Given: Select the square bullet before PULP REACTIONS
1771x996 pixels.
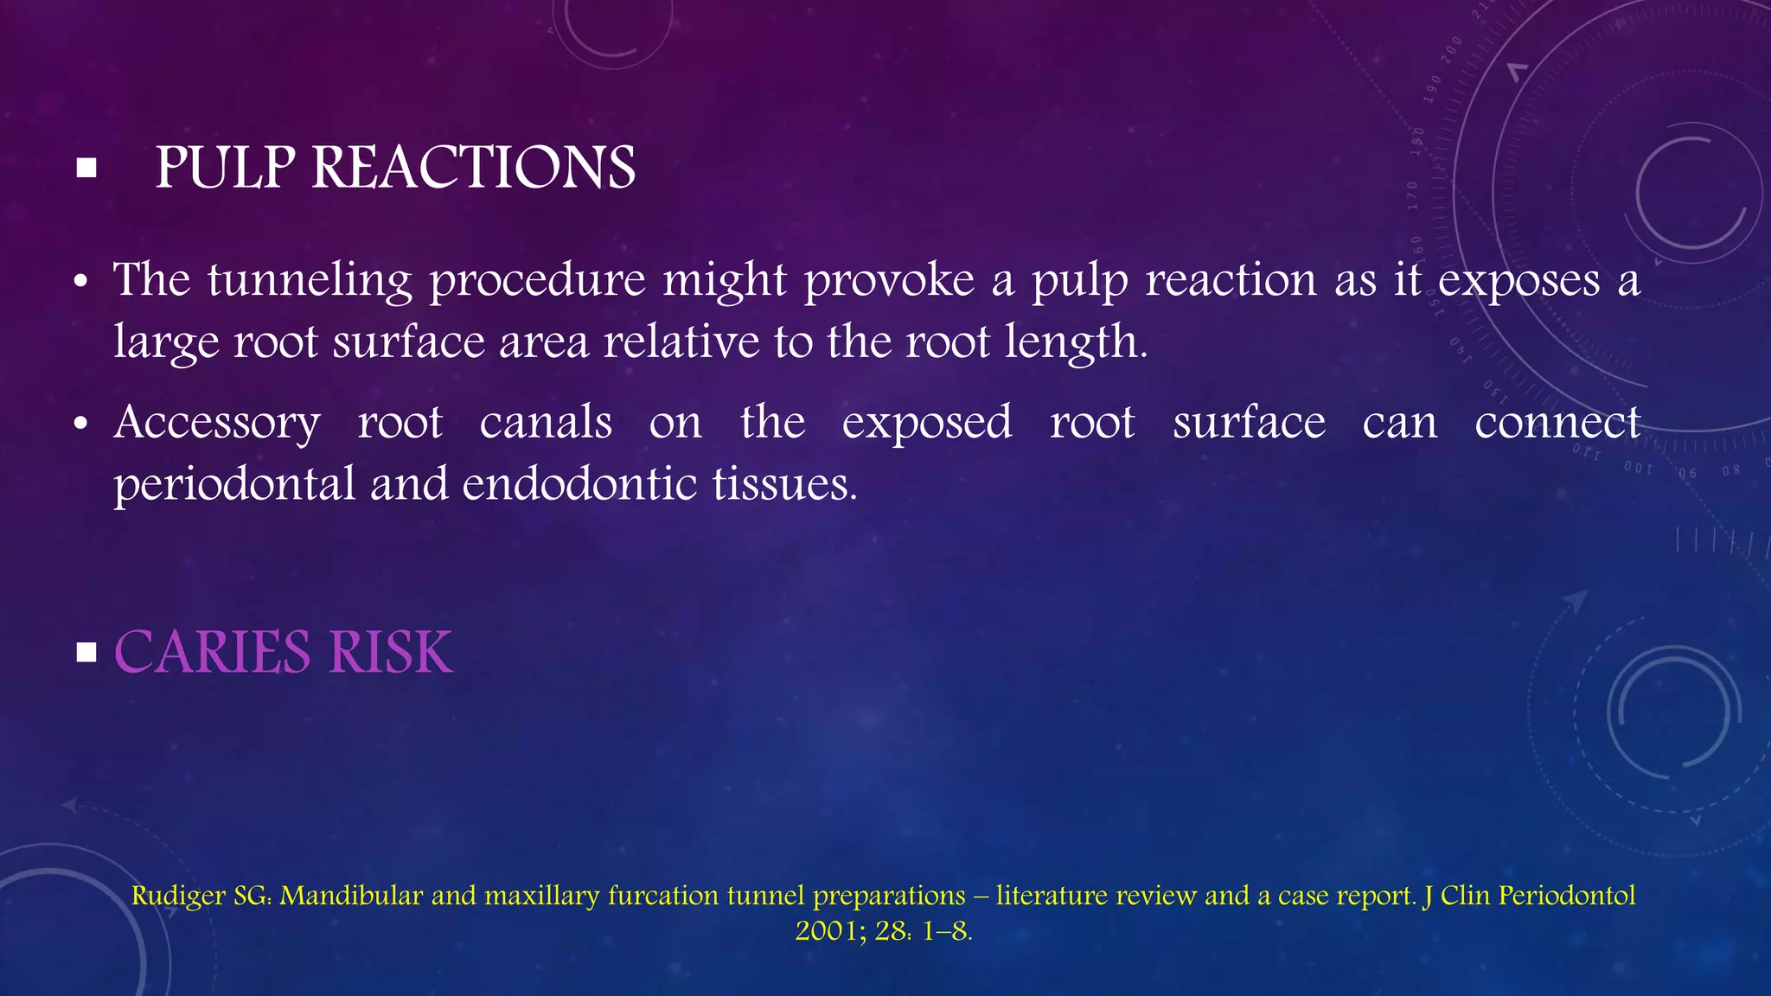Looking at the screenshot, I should pos(86,168).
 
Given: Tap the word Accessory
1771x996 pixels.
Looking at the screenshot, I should pos(217,424).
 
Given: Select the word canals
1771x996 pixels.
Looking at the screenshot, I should pos(546,422).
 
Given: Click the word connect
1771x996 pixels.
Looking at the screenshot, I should pos(1557,422).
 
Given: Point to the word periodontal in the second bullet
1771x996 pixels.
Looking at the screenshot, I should pos(234,484).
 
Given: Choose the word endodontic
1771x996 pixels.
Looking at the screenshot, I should pos(579,482).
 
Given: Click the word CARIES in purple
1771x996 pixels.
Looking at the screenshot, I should pos(212,652).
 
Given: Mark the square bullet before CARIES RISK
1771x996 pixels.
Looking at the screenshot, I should pos(86,652).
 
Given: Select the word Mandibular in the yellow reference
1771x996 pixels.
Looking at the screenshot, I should pos(351,895).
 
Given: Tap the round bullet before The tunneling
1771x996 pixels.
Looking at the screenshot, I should pos(81,283).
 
